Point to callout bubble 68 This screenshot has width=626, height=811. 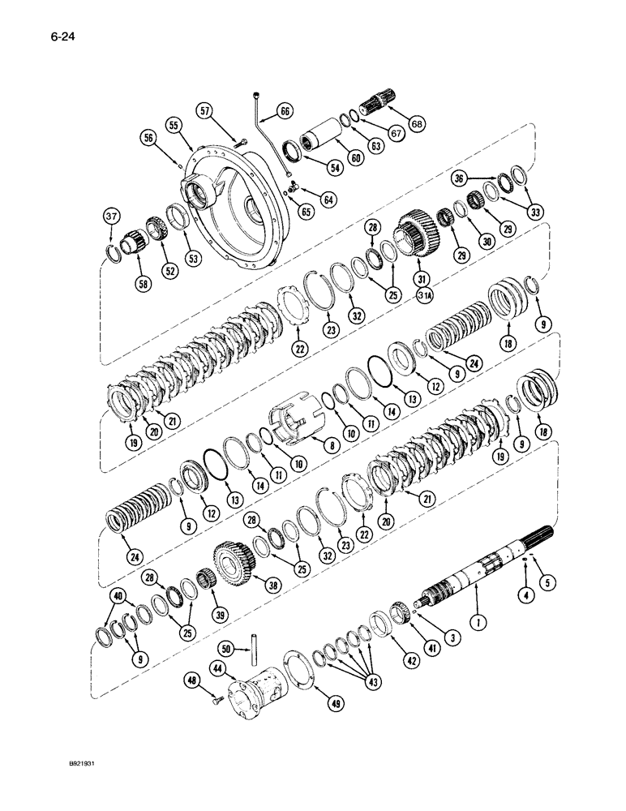pos(418,124)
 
